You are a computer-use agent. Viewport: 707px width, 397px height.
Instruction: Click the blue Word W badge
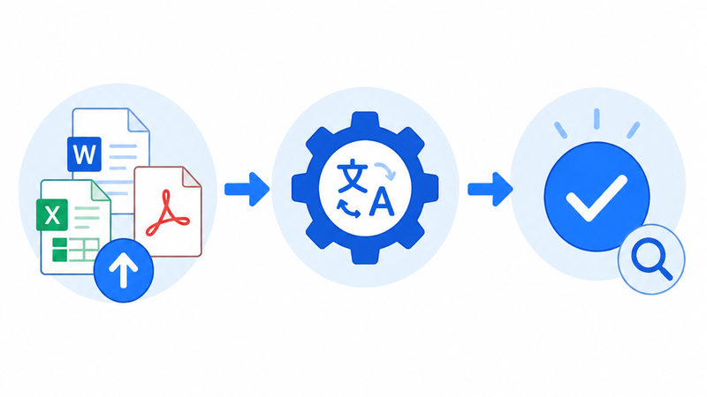click(84, 154)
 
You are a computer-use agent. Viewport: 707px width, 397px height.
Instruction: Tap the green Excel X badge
click(52, 214)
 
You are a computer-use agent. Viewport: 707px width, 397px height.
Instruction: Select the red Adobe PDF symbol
click(166, 214)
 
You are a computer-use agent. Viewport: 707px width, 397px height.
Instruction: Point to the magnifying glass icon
click(651, 259)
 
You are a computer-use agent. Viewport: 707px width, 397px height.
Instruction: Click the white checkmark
click(596, 198)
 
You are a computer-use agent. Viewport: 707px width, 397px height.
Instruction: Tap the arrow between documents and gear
click(247, 189)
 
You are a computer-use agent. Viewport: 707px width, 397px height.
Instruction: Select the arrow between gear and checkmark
click(490, 189)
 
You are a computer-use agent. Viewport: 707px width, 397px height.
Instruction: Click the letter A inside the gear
click(382, 201)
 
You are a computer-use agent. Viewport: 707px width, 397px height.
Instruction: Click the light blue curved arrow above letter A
click(385, 171)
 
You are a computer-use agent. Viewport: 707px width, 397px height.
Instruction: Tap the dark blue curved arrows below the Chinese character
click(348, 209)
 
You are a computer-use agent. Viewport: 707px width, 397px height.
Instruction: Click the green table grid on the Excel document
click(76, 250)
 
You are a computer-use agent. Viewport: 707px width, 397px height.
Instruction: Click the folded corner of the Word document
click(139, 119)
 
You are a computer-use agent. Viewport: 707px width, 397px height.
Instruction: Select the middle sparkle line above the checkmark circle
click(597, 118)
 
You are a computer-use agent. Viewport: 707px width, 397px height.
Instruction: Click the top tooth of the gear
click(365, 120)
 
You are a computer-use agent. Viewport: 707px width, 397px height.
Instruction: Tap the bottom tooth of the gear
click(365, 256)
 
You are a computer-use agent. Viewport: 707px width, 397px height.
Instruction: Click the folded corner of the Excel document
click(101, 191)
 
